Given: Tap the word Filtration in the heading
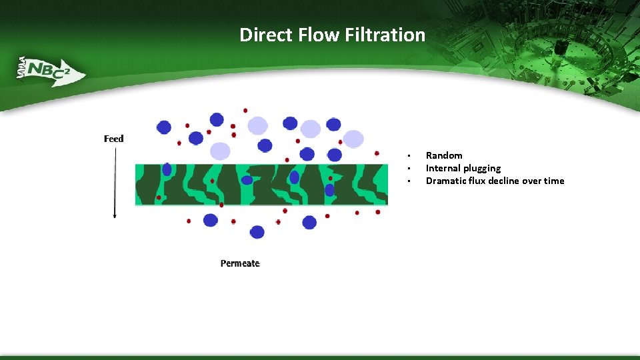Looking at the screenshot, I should click(x=385, y=35).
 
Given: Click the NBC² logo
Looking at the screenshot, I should click(x=49, y=69).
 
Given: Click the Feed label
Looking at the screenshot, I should click(x=114, y=139).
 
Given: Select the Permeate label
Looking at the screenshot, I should click(x=240, y=263).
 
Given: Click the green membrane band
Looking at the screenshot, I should click(x=261, y=185).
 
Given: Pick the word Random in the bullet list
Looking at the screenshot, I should click(x=444, y=155).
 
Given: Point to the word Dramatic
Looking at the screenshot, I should click(x=447, y=181).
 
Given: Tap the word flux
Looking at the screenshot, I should click(x=481, y=181).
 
